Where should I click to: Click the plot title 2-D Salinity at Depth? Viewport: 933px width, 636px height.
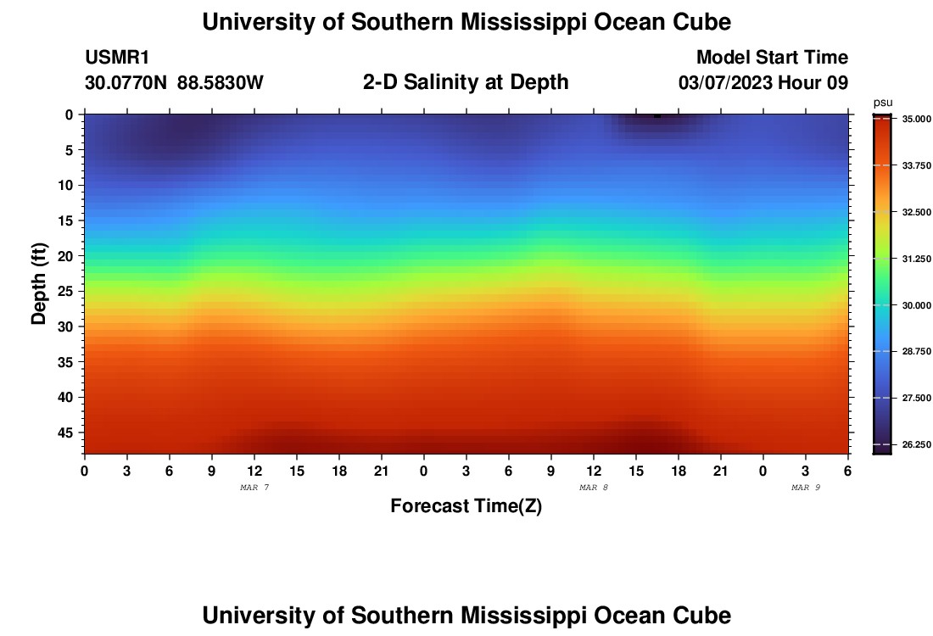[466, 82]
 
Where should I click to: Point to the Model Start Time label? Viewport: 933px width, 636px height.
[772, 58]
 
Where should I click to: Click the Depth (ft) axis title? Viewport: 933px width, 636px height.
[38, 284]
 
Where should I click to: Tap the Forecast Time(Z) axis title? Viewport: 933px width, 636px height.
[466, 506]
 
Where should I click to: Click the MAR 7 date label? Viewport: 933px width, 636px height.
[254, 488]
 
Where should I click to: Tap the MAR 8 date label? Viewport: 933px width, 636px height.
[594, 488]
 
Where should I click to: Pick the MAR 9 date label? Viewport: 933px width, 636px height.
[806, 488]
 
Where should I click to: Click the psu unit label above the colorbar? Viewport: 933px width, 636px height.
[883, 103]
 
